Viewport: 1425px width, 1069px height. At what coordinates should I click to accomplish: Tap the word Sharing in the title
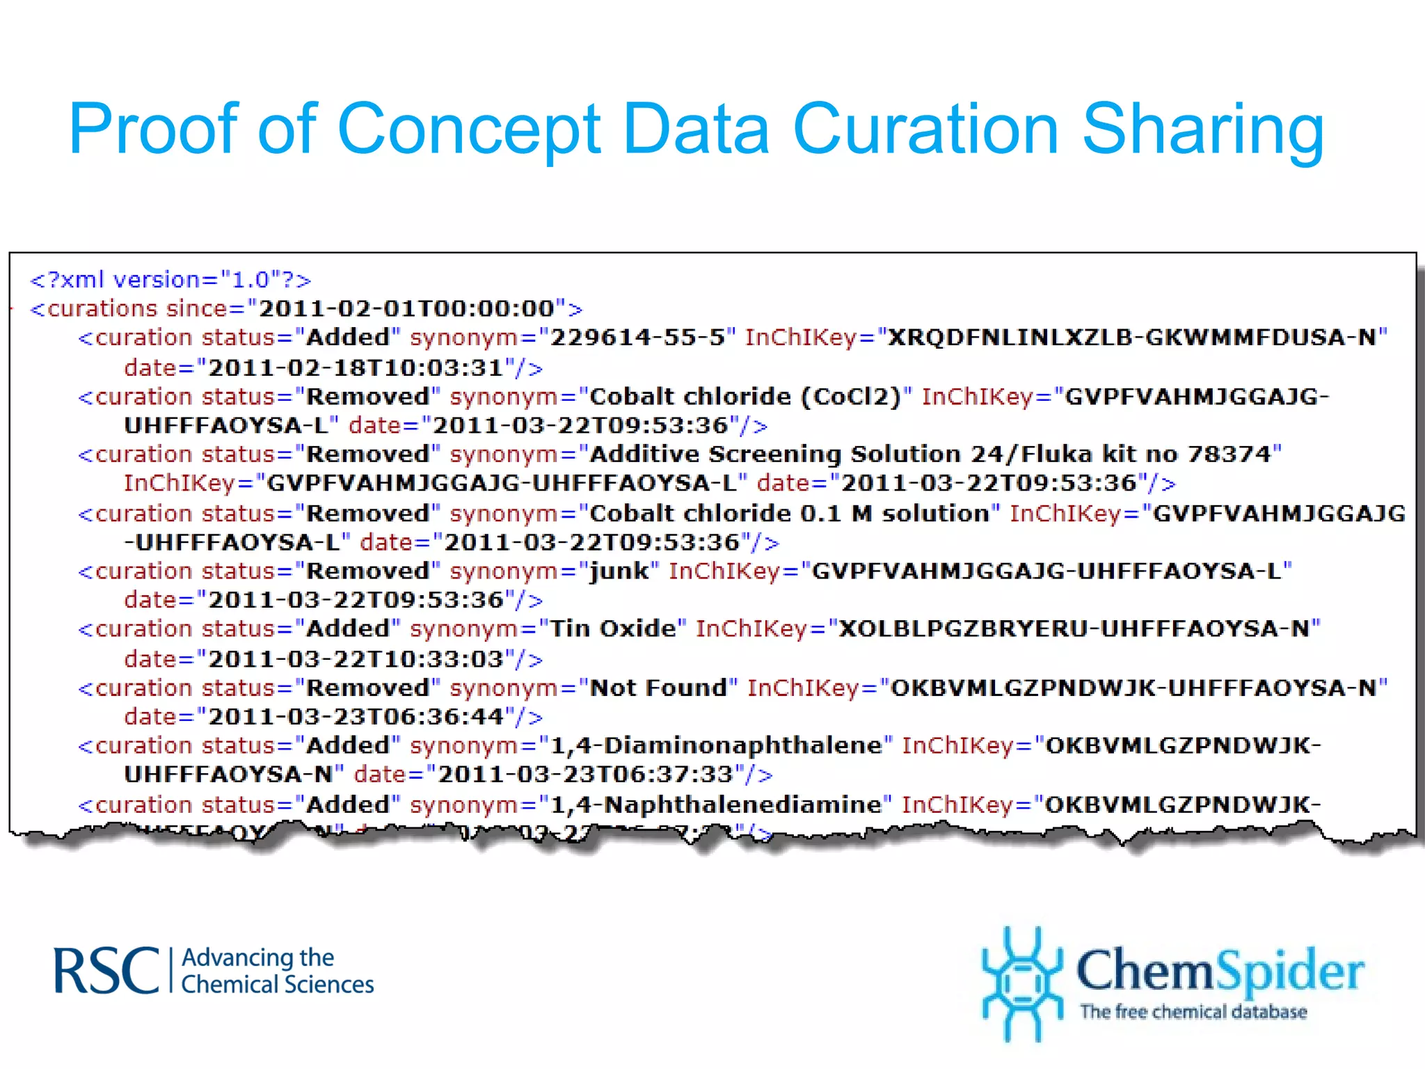click(1203, 130)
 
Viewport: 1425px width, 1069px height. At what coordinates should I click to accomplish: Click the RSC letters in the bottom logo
click(106, 971)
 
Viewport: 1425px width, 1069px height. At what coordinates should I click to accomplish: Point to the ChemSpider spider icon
click(1021, 983)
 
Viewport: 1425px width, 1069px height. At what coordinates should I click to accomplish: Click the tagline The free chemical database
click(1193, 1012)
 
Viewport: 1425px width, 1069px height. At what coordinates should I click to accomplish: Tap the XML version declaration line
click(170, 280)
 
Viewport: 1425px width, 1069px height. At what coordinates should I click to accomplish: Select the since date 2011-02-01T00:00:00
click(406, 308)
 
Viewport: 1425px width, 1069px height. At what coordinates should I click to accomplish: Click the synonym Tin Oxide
click(613, 629)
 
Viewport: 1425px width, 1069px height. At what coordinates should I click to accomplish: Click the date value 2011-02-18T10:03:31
click(356, 367)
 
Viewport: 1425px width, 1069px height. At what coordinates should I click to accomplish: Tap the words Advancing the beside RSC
click(257, 958)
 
